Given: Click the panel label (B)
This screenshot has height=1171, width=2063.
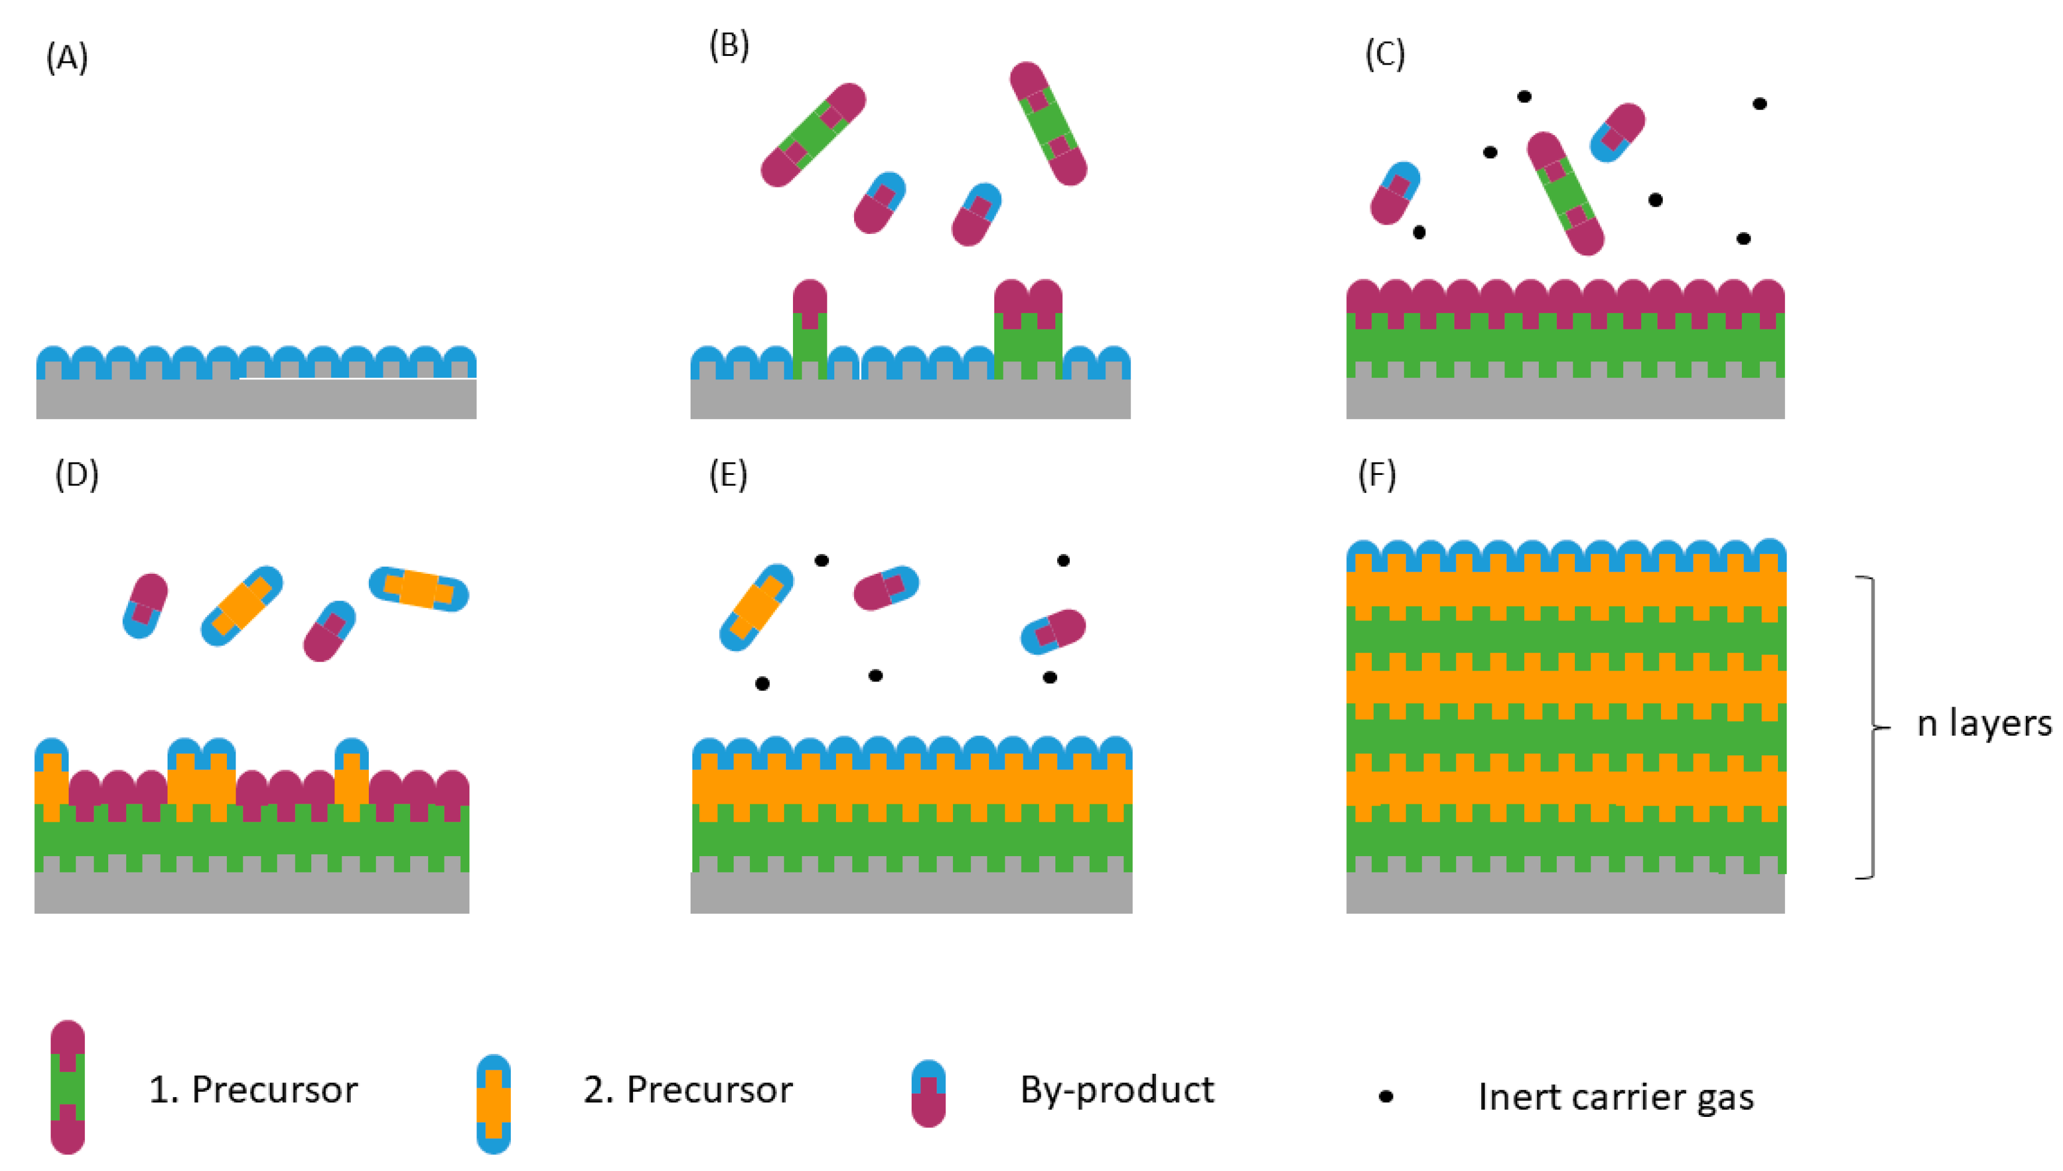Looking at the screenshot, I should coord(728,46).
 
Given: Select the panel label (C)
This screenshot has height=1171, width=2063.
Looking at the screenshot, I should coord(1385,55).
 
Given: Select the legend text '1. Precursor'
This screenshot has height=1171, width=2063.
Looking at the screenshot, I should coord(253,1091).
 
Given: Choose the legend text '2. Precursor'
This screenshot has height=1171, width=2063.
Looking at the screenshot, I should coord(688,1091).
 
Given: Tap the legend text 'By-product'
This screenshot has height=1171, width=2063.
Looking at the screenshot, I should coord(1116,1091).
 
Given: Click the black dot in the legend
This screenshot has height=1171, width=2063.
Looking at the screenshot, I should coord(1385,1096).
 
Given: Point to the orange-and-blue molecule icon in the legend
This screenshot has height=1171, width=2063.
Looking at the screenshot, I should coord(493,1104).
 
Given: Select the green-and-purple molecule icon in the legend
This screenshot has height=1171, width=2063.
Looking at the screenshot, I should coord(67,1087).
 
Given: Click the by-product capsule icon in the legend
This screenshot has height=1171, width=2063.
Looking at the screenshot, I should coord(928,1094).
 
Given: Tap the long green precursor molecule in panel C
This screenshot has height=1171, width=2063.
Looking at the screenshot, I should coord(1564,194).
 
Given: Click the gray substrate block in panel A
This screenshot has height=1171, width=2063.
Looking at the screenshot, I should coord(255,399).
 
